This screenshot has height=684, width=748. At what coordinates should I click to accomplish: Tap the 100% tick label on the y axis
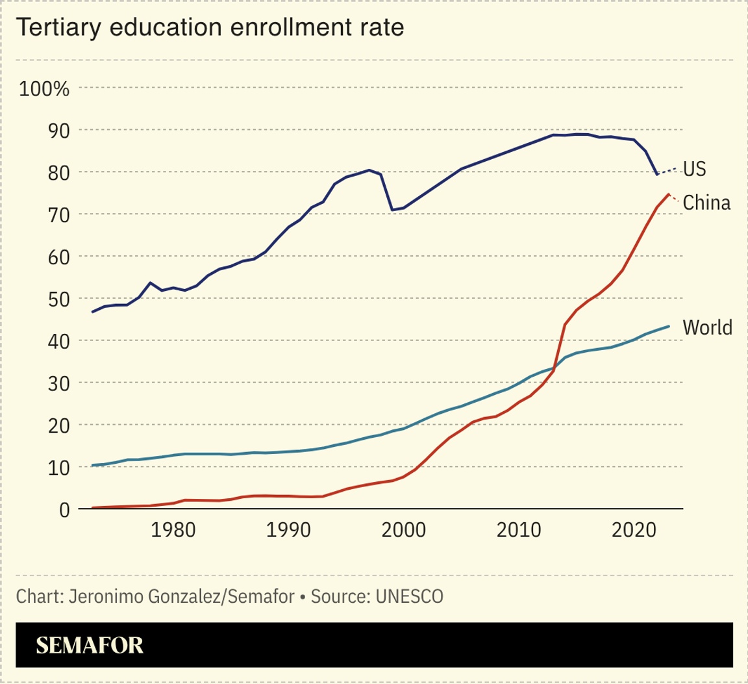click(x=44, y=88)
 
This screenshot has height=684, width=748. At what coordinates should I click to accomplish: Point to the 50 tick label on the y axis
click(x=57, y=299)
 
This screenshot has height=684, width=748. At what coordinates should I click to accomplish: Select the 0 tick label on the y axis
click(x=64, y=510)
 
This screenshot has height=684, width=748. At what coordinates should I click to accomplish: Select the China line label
click(x=706, y=203)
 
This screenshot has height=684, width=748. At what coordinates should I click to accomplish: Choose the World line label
click(x=707, y=327)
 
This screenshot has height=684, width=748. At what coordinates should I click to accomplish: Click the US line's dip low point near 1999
click(x=392, y=210)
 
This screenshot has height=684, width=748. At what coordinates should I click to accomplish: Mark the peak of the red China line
click(x=668, y=194)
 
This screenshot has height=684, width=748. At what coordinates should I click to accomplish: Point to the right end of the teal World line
click(x=669, y=326)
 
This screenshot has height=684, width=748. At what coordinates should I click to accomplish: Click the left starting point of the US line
click(x=93, y=312)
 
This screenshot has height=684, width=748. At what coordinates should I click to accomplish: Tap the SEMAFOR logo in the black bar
click(x=90, y=645)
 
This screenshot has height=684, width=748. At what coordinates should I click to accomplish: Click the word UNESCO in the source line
click(x=409, y=596)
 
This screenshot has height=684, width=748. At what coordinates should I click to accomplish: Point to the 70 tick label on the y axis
click(x=57, y=214)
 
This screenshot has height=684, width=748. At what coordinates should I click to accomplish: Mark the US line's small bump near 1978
click(x=151, y=283)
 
